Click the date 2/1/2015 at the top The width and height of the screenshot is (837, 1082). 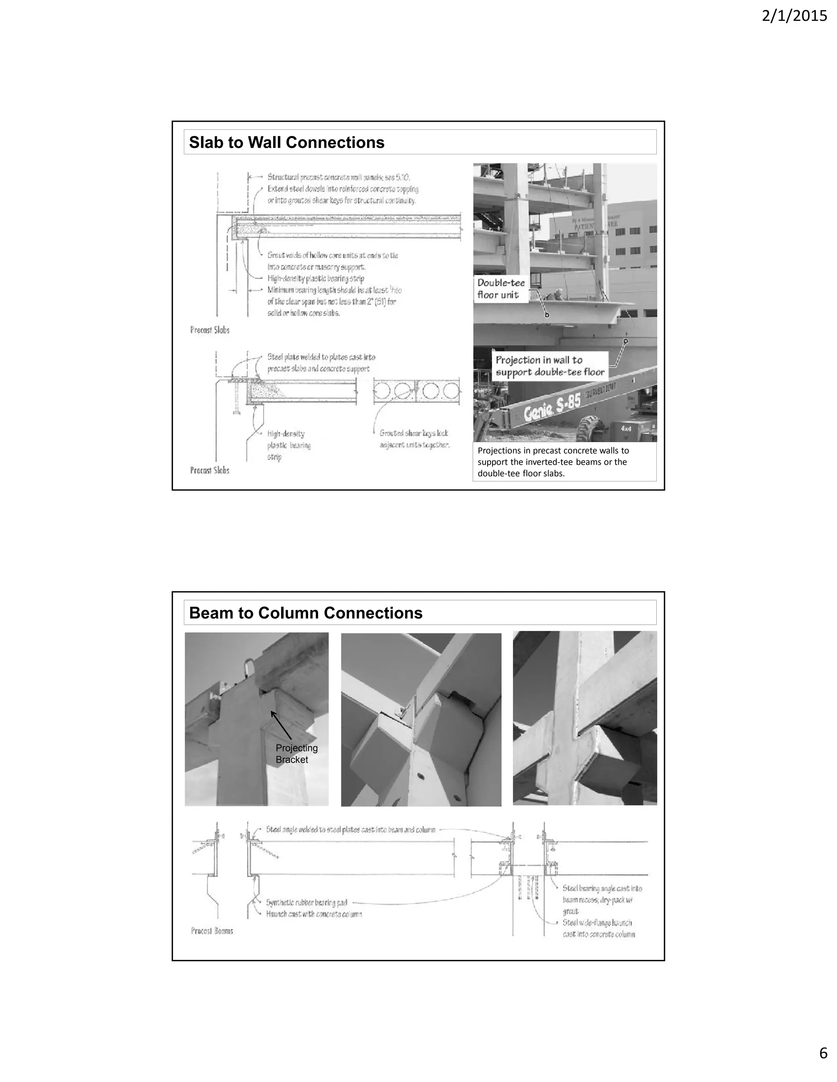pyautogui.click(x=794, y=16)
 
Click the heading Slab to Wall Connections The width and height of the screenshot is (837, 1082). pyautogui.click(x=286, y=142)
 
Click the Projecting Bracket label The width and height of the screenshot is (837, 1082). pyautogui.click(x=297, y=754)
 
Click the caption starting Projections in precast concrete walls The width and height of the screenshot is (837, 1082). pyautogui.click(x=553, y=462)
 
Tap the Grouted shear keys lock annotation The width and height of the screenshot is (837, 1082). pyautogui.click(x=414, y=439)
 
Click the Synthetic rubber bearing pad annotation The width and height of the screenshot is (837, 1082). pyautogui.click(x=307, y=903)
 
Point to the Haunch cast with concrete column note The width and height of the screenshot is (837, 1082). pyautogui.click(x=313, y=914)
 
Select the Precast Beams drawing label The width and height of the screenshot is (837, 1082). pyautogui.click(x=212, y=931)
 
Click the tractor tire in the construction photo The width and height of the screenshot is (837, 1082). pyautogui.click(x=590, y=427)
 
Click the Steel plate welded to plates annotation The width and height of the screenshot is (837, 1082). pyautogui.click(x=320, y=363)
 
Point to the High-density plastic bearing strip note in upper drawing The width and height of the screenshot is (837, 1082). pyautogui.click(x=316, y=278)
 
